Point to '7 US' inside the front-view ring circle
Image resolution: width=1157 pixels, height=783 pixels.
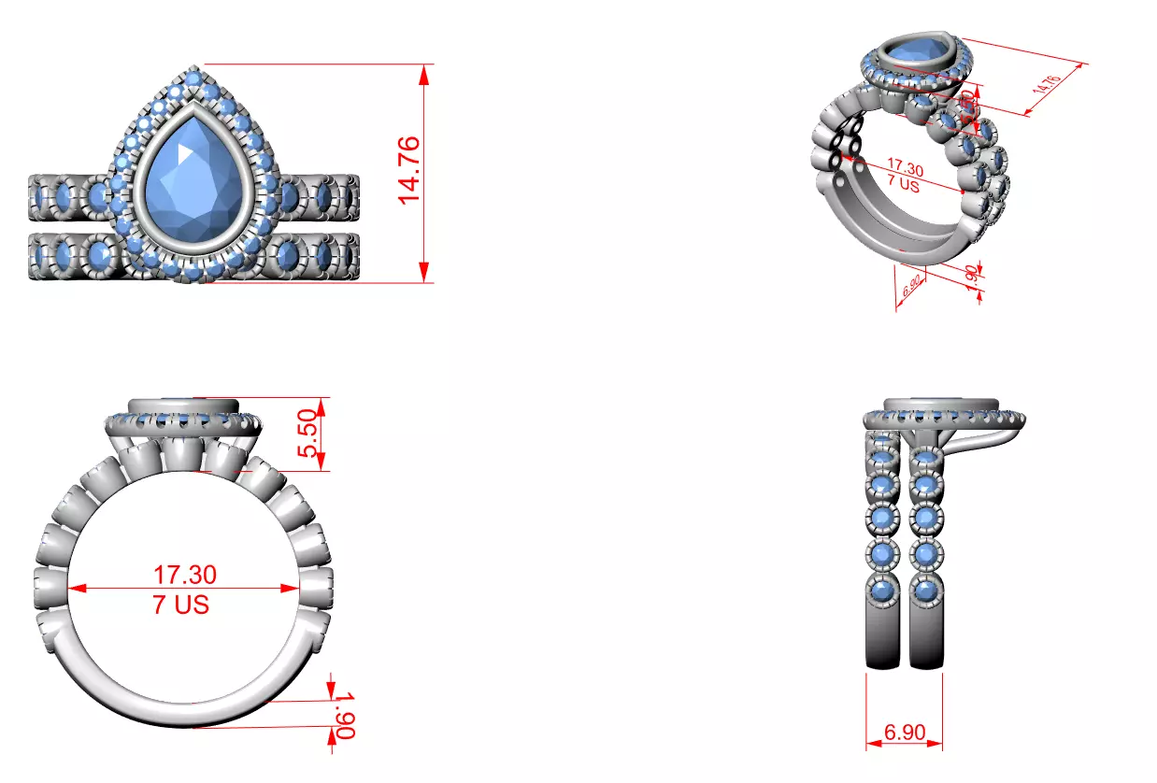(181, 605)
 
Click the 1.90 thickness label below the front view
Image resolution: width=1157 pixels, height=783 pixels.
(344, 714)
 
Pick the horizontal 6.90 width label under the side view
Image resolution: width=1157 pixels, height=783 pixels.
(904, 732)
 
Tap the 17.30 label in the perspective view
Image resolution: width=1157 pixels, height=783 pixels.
(905, 171)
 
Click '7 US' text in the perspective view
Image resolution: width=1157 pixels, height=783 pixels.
(903, 186)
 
